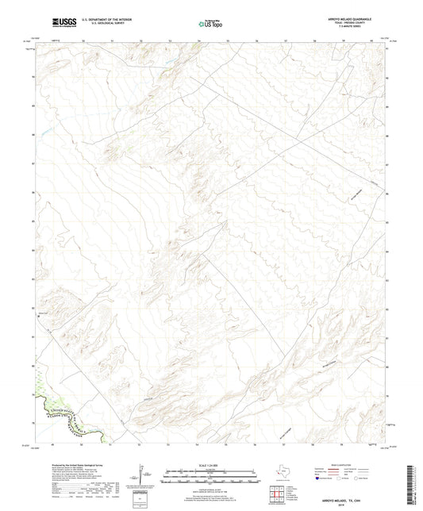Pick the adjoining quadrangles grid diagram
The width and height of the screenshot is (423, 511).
pos(282,494)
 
